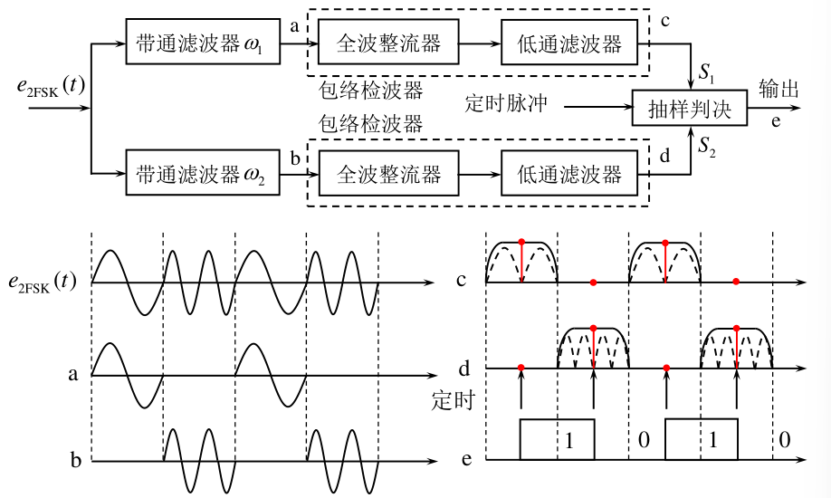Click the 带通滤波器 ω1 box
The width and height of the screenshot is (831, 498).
click(203, 42)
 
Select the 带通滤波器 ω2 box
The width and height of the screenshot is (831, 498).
click(203, 172)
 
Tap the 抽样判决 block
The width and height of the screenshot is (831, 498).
click(690, 108)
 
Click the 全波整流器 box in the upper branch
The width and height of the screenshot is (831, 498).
click(388, 42)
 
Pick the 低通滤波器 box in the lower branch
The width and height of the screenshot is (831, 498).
click(569, 173)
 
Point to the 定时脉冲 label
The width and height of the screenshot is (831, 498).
click(506, 103)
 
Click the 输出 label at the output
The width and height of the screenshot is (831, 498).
click(778, 89)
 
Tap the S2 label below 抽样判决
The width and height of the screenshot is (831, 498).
click(707, 145)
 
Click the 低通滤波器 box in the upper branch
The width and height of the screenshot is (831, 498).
click(569, 42)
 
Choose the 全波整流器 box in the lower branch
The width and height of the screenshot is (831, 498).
click(388, 173)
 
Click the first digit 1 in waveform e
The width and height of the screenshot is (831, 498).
click(569, 440)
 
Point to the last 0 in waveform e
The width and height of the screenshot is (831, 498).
click(785, 440)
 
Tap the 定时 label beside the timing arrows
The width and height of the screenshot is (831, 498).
click(454, 400)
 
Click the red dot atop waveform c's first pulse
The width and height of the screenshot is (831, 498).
click(521, 242)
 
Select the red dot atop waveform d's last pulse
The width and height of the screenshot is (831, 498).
click(737, 329)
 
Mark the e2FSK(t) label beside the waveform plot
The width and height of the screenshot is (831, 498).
click(43, 282)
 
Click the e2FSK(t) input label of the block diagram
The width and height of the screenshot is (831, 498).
click(51, 86)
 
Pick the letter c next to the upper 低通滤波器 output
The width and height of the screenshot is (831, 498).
click(665, 21)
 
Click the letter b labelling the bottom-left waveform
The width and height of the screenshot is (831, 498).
click(76, 459)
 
